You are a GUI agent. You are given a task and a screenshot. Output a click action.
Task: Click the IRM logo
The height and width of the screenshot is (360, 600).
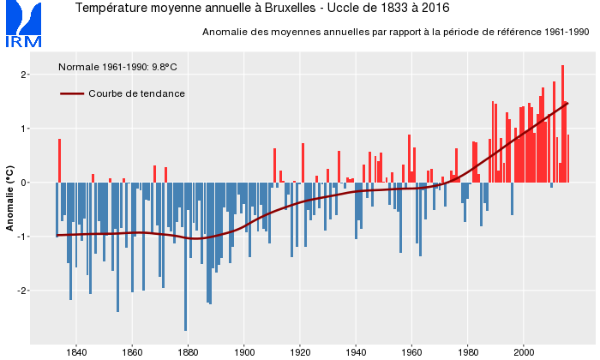(x=22, y=26)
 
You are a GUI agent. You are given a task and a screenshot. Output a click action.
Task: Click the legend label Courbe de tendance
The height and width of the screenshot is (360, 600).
(x=136, y=93)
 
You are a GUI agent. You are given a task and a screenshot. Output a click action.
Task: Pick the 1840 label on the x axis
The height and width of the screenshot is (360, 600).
(x=75, y=351)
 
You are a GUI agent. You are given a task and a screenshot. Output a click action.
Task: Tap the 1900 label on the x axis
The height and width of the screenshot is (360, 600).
(x=244, y=351)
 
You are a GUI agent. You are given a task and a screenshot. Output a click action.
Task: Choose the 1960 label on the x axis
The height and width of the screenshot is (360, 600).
(x=412, y=351)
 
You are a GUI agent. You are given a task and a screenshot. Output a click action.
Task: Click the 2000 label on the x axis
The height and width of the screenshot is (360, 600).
(x=525, y=351)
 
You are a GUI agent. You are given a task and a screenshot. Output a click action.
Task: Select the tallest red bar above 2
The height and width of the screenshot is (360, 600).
(x=562, y=120)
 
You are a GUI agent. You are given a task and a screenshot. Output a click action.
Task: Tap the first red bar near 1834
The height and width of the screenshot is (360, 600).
(x=59, y=160)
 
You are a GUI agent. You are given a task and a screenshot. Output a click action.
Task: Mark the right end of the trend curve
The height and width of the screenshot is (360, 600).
(x=567, y=104)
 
